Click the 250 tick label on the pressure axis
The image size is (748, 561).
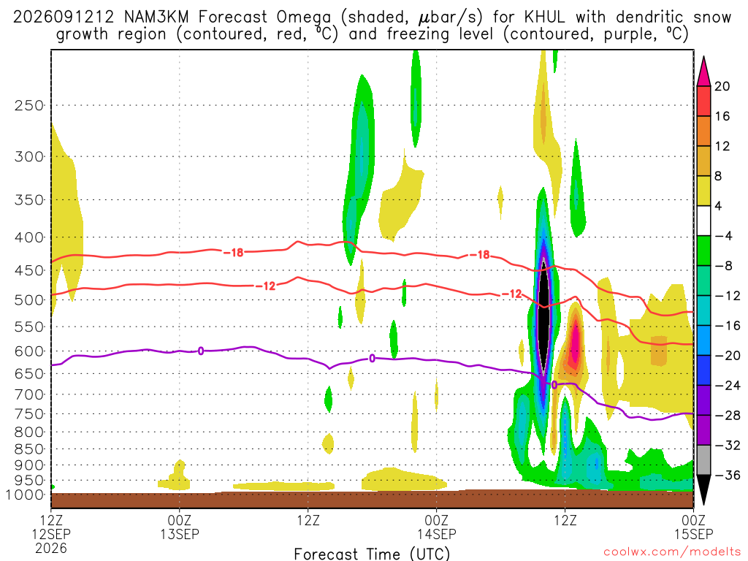click(x=29, y=105)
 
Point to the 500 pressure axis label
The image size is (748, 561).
click(x=29, y=300)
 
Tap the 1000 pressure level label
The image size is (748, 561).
click(x=25, y=495)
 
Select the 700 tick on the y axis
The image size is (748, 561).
click(x=29, y=394)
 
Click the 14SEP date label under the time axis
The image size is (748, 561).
click(x=437, y=534)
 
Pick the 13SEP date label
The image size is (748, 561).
click(x=180, y=534)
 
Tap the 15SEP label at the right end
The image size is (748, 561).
click(x=693, y=534)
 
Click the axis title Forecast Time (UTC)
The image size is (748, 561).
click(x=372, y=554)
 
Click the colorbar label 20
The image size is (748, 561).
click(x=722, y=86)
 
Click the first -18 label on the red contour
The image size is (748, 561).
click(x=233, y=252)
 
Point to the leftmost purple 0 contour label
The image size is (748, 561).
click(x=201, y=351)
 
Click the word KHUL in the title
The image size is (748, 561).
click(x=544, y=18)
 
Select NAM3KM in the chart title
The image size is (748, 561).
click(x=156, y=18)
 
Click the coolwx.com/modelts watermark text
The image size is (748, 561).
click(x=672, y=552)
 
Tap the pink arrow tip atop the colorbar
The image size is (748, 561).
click(x=703, y=57)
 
